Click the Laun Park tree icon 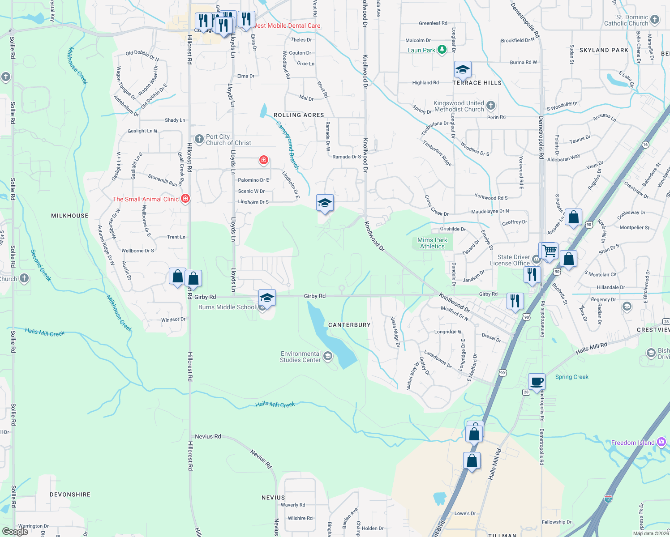tap(442, 50)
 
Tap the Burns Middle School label tap(227, 307)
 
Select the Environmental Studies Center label tap(301, 357)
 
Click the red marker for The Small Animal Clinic tap(185, 199)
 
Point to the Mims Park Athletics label tap(432, 243)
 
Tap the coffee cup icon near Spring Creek tap(537, 382)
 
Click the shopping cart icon tap(550, 251)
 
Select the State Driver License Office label tap(514, 260)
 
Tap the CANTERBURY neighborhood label tap(349, 325)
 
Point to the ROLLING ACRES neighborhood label tap(299, 115)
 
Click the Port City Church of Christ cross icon tap(199, 139)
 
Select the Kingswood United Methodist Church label tap(459, 106)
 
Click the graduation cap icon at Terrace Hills tap(462, 70)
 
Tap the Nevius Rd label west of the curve tap(208, 436)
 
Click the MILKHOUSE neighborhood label tap(70, 216)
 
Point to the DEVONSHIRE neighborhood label tap(70, 494)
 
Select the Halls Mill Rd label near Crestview tap(591, 348)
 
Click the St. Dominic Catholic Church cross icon tap(655, 19)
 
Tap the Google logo tap(15, 532)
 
